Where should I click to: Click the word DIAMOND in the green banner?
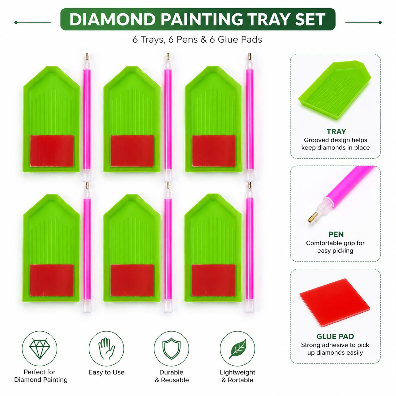[x=112, y=19]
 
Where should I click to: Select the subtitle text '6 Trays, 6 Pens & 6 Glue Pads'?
[x=197, y=39]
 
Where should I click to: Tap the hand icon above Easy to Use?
[x=106, y=349]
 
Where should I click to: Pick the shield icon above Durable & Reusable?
[x=171, y=349]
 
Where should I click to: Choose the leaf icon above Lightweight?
[x=237, y=349]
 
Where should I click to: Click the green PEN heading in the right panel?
[x=336, y=234]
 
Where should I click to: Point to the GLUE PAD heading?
[x=335, y=319]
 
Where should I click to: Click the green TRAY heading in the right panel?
[x=336, y=131]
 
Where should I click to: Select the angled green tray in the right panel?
[x=335, y=90]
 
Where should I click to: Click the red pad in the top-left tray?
[x=52, y=151]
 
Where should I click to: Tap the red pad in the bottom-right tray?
[x=213, y=280]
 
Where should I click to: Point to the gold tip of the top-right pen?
[x=249, y=56]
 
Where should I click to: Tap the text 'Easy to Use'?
[x=106, y=373]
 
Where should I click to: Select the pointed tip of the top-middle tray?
[x=132, y=67]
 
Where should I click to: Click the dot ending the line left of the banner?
[x=16, y=22]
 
